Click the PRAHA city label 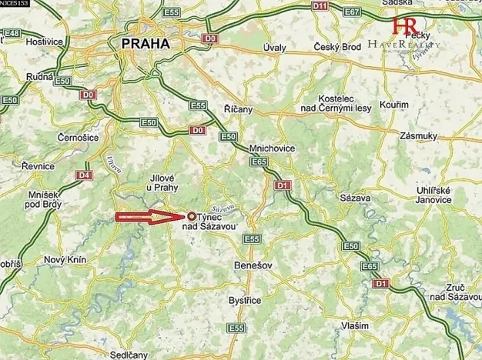click(x=145, y=45)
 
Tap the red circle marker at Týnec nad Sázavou click(x=192, y=217)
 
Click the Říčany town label click(x=237, y=110)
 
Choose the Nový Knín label click(x=62, y=260)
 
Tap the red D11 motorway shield click(x=320, y=6)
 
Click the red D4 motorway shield click(x=82, y=175)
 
